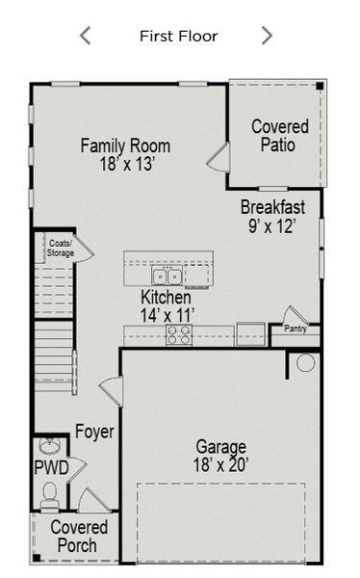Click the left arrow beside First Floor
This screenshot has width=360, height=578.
tap(85, 37)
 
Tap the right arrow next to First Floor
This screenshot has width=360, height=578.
tap(267, 37)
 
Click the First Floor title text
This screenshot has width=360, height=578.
tap(178, 37)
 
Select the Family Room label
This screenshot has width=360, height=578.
tap(125, 146)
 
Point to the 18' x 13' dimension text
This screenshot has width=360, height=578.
tap(125, 165)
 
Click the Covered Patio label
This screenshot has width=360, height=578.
tap(279, 136)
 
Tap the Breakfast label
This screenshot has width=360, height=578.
tap(272, 207)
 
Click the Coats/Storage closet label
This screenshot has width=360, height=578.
tap(61, 249)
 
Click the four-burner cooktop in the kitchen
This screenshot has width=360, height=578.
tap(179, 334)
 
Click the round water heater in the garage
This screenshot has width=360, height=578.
tap(305, 363)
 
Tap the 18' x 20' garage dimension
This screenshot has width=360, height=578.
tap(220, 465)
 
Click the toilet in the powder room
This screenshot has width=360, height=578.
tap(49, 494)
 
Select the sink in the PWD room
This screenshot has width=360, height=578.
tap(50, 447)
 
